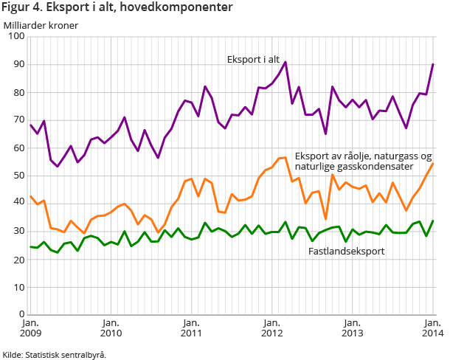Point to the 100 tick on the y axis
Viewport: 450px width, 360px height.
pyautogui.click(x=15, y=36)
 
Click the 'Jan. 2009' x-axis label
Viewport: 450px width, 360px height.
pyautogui.click(x=30, y=328)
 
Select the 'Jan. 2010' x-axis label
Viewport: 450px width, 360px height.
pyautogui.click(x=111, y=328)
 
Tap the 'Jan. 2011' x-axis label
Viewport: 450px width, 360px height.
pyautogui.click(x=191, y=328)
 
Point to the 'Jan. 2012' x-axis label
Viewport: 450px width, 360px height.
pyautogui.click(x=271, y=328)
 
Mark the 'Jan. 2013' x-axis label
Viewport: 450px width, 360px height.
pyautogui.click(x=352, y=328)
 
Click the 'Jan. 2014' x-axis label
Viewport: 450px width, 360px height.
pyautogui.click(x=432, y=328)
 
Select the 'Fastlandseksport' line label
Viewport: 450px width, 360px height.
pyautogui.click(x=345, y=252)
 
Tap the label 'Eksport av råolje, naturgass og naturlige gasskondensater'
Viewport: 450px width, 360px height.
pyautogui.click(x=363, y=162)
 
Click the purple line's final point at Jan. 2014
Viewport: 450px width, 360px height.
pyautogui.click(x=433, y=64)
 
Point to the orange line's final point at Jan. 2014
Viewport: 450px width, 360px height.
pyautogui.click(x=433, y=163)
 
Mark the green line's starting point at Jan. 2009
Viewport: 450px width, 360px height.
pyautogui.click(x=31, y=247)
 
